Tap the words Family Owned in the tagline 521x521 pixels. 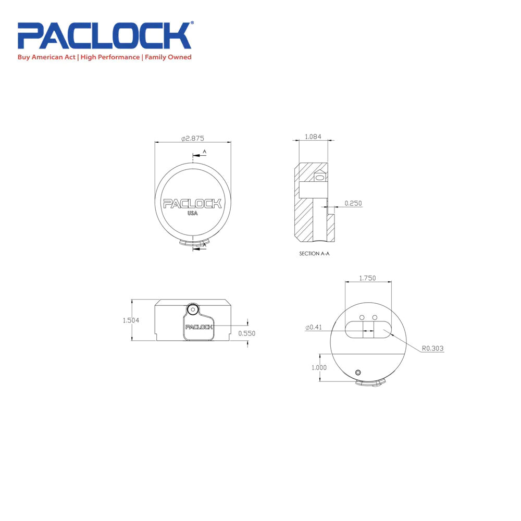click(x=168, y=57)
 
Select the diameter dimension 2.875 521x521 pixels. click(x=193, y=138)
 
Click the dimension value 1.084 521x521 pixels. click(x=313, y=137)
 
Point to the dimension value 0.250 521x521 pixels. click(x=353, y=203)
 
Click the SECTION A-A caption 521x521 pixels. click(x=315, y=254)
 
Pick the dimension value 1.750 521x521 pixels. click(x=367, y=278)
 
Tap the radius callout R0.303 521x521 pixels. click(x=432, y=348)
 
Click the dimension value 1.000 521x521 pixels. click(x=319, y=367)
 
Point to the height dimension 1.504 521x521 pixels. click(x=131, y=320)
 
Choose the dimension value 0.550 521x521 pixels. click(x=247, y=333)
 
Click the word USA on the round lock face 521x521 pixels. click(x=192, y=213)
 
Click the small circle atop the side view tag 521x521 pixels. click(x=193, y=309)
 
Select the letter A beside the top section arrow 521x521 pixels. click(x=205, y=152)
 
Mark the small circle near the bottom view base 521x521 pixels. click(x=358, y=372)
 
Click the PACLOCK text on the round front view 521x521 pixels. click(x=192, y=203)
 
